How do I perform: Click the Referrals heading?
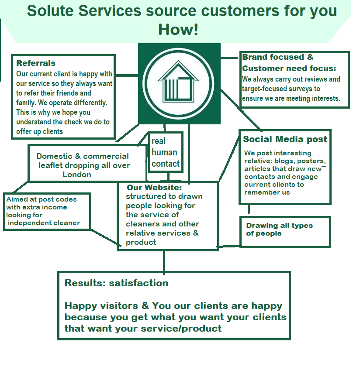36,64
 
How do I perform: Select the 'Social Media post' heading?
285,140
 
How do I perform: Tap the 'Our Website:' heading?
154,188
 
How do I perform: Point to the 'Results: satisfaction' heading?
116,283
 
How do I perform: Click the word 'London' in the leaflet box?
77,175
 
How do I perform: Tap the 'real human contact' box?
165,152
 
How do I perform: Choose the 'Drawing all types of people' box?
285,231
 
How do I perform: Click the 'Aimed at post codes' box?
47,211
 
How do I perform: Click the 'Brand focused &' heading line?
278,57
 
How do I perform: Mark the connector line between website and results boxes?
164,261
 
